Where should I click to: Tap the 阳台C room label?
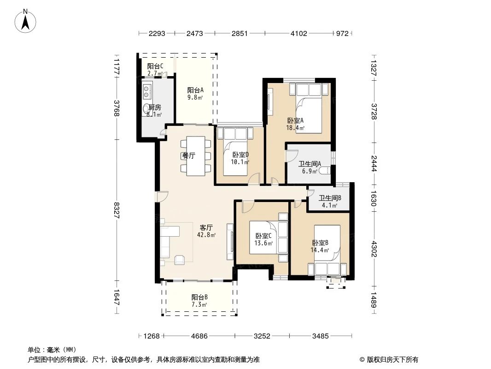[x=155, y=69]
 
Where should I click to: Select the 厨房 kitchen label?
[x=154, y=111]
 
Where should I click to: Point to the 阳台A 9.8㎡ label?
[x=195, y=94]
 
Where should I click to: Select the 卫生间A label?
[x=310, y=167]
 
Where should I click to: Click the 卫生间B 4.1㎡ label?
[x=330, y=202]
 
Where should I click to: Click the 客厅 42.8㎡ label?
[x=206, y=231]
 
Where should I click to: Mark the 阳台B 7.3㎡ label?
[x=199, y=301]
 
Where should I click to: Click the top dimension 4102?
[x=299, y=33]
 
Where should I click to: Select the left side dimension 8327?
[x=117, y=211]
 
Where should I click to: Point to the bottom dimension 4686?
[x=199, y=336]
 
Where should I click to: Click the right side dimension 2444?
[x=374, y=163]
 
